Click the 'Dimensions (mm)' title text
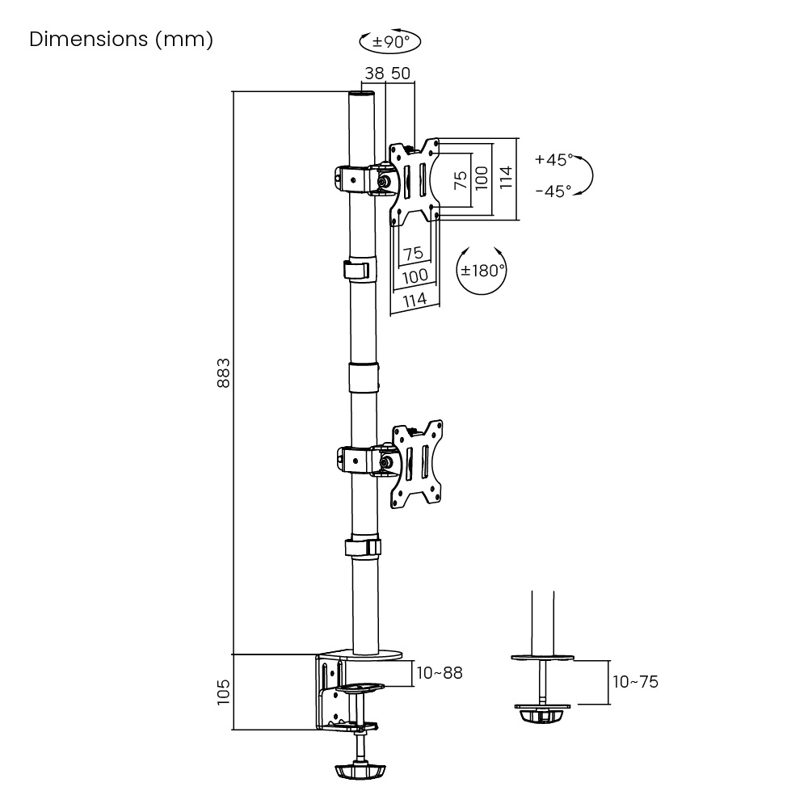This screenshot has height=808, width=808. point(121,40)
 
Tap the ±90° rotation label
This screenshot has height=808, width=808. point(391,41)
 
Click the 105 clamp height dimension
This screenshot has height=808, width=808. point(225,692)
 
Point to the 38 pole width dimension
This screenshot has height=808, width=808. point(374,73)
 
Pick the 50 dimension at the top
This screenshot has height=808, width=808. point(401,73)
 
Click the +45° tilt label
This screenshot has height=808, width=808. point(553,160)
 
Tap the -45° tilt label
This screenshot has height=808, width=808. point(553,191)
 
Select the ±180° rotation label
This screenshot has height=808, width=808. point(482,271)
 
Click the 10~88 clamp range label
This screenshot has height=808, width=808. point(439,672)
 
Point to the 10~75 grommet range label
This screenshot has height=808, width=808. point(635,682)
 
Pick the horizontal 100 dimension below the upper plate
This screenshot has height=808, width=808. point(415,276)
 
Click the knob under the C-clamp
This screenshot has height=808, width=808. point(356,772)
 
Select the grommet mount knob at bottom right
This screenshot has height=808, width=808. point(541,716)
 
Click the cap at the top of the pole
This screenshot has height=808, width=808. point(363,96)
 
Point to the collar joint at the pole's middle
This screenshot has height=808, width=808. point(364,378)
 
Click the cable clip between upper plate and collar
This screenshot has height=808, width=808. point(357,270)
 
